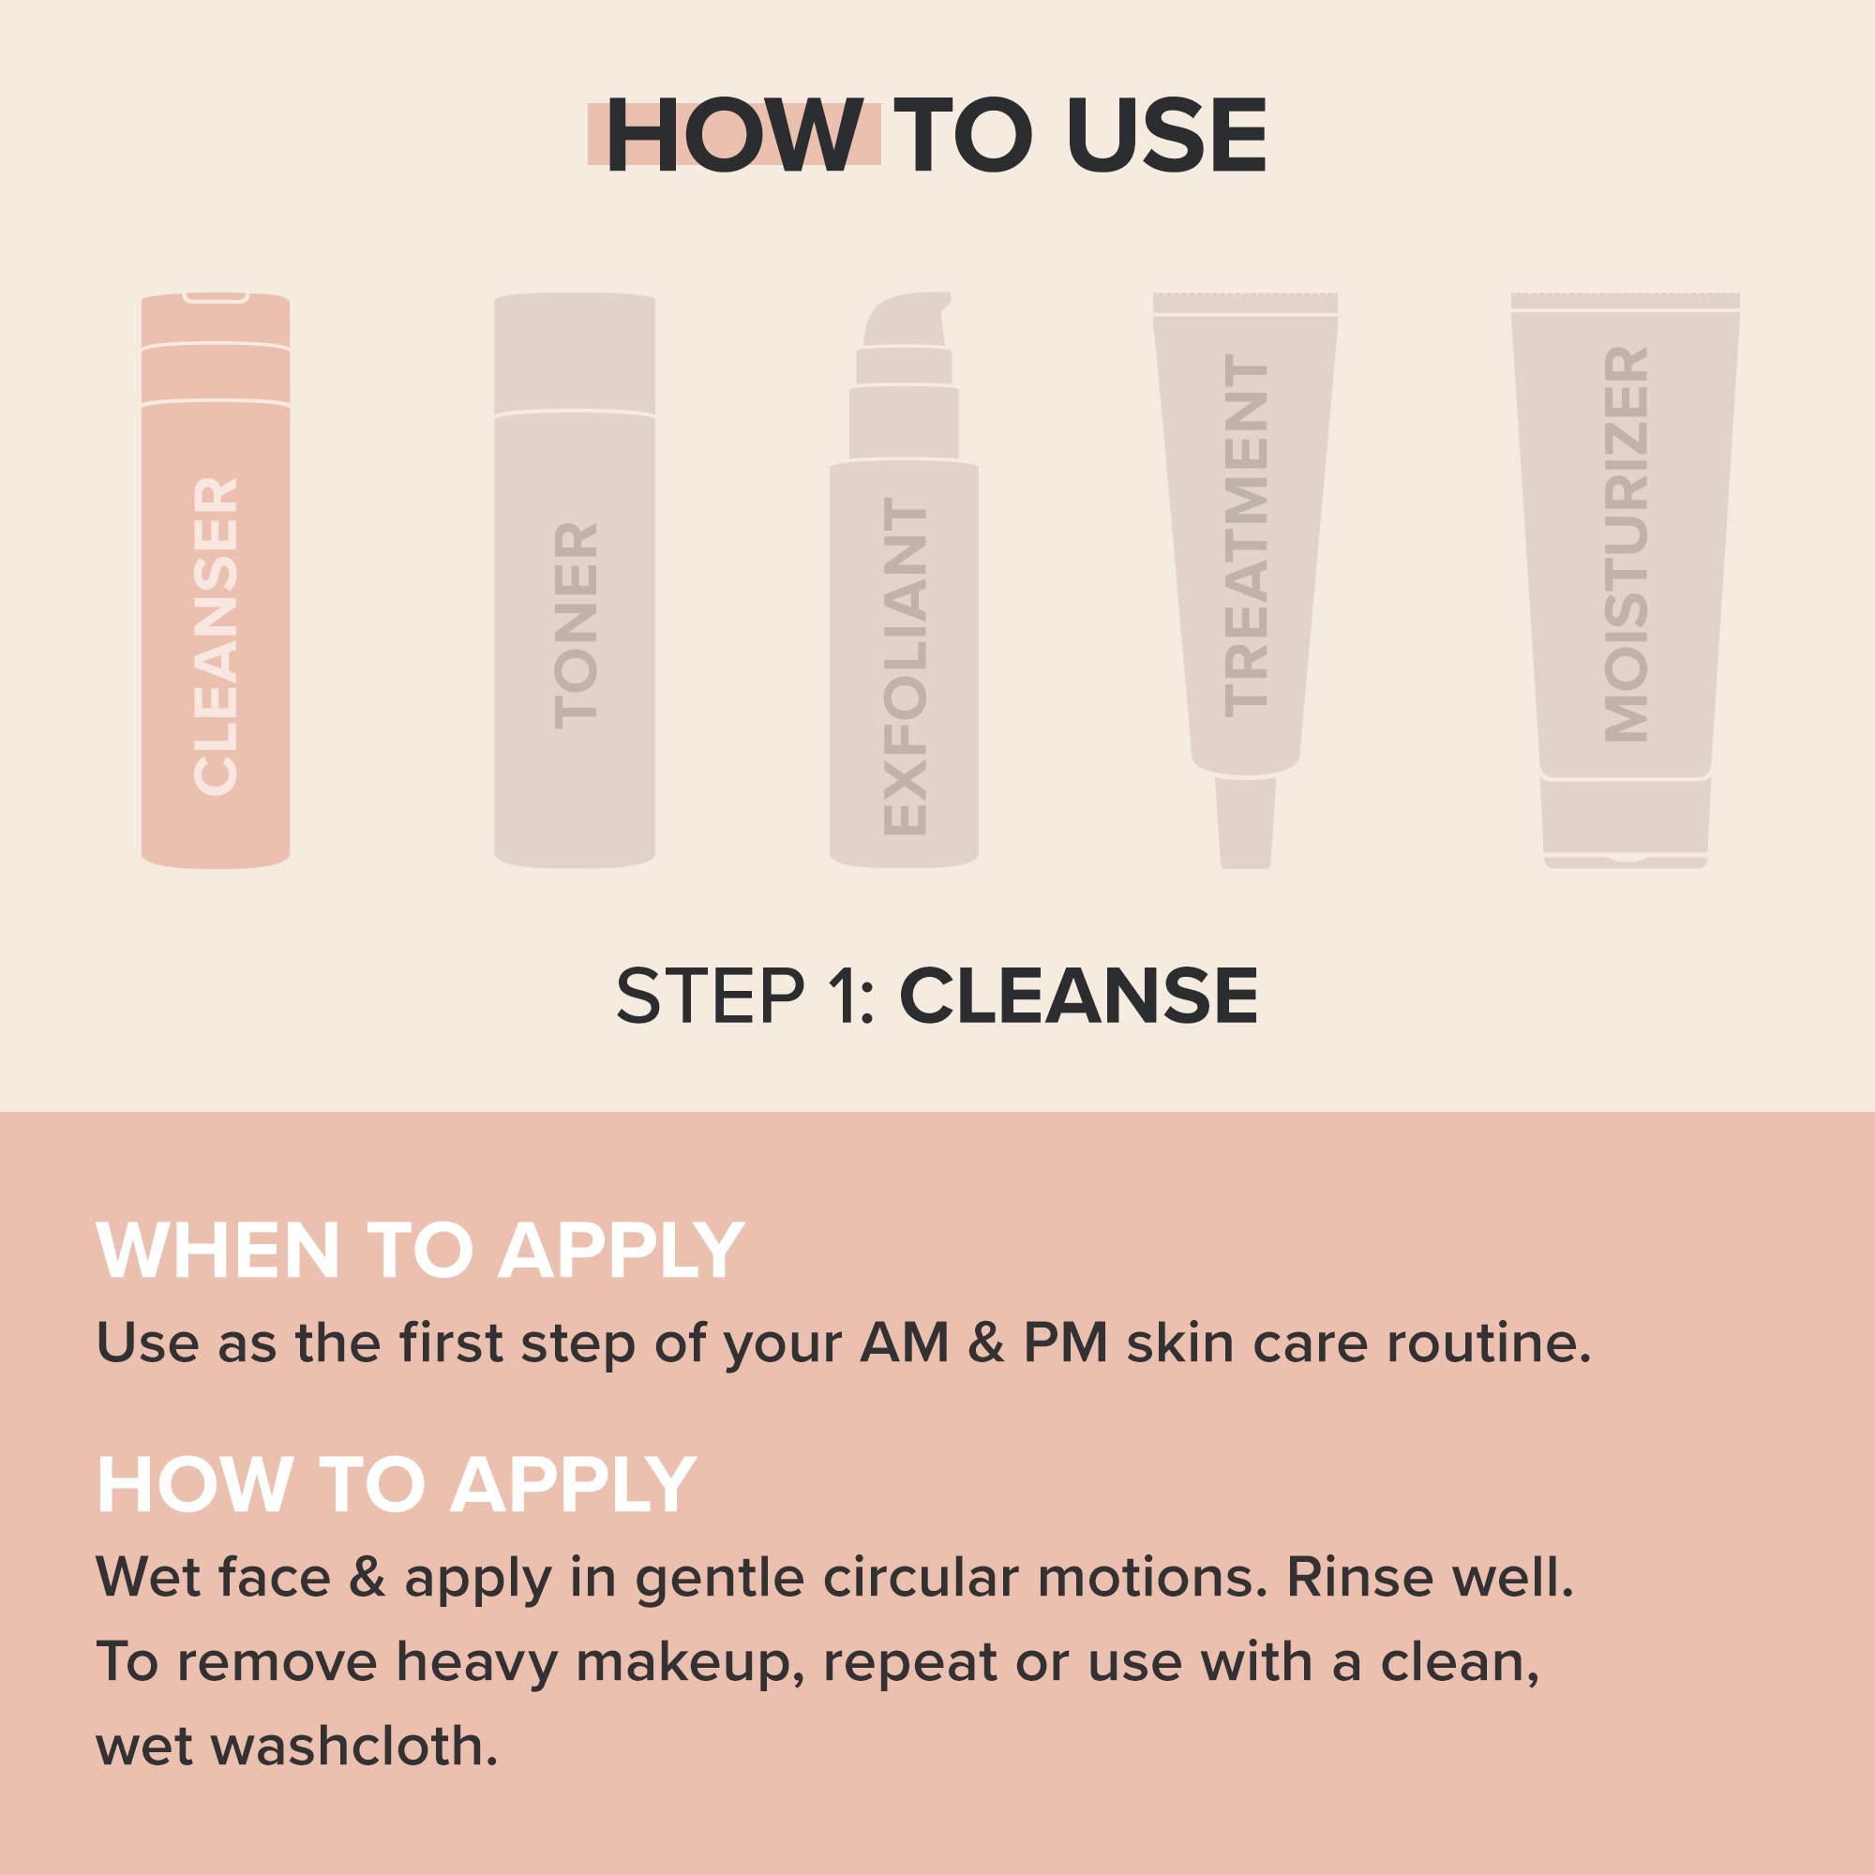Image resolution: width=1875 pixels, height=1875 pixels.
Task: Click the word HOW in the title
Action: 734,137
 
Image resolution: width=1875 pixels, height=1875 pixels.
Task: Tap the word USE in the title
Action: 1166,137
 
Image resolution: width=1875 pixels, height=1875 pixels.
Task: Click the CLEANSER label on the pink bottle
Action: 216,637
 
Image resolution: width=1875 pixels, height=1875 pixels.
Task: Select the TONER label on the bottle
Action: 576,626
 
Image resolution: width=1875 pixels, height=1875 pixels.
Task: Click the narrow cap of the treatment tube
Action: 1245,822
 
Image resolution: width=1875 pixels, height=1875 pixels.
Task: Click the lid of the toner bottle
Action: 575,354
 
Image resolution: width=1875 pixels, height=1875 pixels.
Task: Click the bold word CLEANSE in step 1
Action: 1078,997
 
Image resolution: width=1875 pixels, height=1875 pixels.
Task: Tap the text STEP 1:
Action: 746,997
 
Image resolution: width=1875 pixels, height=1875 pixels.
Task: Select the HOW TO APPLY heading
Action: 397,1486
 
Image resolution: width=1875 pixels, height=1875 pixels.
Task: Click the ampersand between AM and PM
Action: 985,1344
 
